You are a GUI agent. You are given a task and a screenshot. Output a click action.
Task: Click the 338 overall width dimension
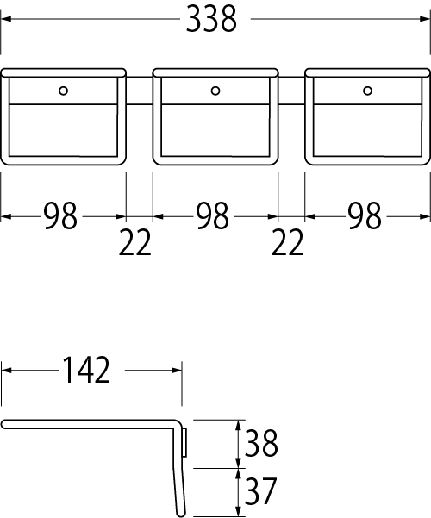[x=211, y=19]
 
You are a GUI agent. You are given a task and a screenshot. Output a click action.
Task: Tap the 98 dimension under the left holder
[x=60, y=216]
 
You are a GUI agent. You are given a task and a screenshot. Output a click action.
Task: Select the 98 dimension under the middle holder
[x=212, y=216]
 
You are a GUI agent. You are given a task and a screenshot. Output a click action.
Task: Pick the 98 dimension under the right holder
[x=365, y=216]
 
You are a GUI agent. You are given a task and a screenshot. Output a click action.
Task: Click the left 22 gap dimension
[x=134, y=242]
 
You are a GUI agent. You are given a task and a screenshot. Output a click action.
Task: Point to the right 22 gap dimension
[x=287, y=242]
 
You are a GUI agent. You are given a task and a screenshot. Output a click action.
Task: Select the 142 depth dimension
[x=86, y=370]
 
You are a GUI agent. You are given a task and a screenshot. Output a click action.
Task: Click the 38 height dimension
[x=261, y=443]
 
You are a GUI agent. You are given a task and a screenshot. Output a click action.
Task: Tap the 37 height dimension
[x=260, y=491]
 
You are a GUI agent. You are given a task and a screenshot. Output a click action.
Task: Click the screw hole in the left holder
[x=63, y=90]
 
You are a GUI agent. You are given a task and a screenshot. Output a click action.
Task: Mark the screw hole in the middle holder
[x=215, y=90]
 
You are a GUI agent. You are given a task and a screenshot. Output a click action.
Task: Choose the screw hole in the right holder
[x=367, y=90]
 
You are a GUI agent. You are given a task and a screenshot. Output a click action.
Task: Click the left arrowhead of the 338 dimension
[x=6, y=19]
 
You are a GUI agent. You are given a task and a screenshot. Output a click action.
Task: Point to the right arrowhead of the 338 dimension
[x=425, y=19]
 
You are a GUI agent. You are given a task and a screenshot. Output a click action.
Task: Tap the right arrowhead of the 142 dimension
[x=177, y=371]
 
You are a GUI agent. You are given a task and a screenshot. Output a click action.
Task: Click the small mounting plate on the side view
[x=184, y=442]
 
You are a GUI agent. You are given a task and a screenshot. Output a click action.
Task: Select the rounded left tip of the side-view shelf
[x=4, y=424]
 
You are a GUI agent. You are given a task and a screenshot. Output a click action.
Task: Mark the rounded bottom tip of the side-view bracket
[x=181, y=513]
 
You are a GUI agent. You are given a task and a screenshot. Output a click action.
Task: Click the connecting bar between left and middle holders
[x=139, y=90]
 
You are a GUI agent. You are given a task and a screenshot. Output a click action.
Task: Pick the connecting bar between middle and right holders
[x=291, y=90]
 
